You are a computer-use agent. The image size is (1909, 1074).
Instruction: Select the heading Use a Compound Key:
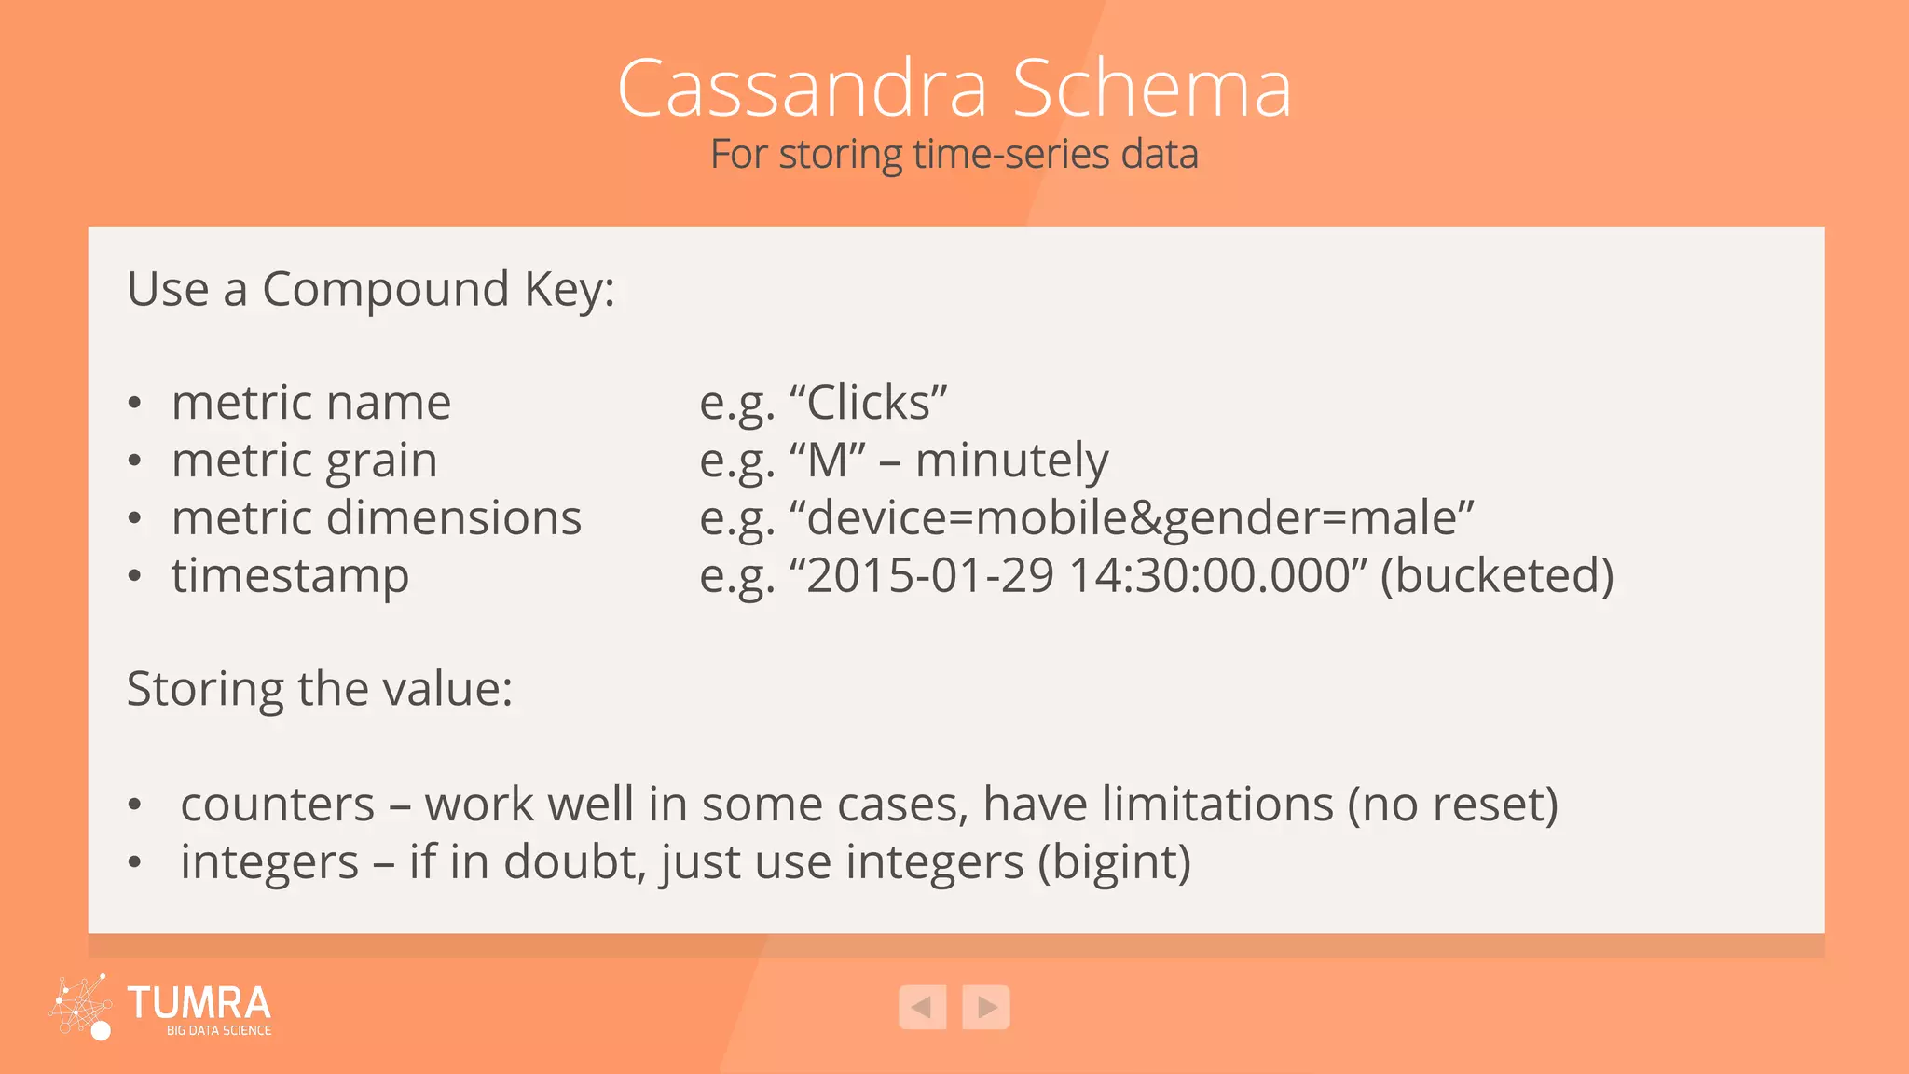coord(371,289)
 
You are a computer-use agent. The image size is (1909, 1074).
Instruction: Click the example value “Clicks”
coord(868,403)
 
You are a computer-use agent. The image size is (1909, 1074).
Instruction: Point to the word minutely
coord(1011,461)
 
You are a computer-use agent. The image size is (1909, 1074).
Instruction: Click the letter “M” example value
coord(827,461)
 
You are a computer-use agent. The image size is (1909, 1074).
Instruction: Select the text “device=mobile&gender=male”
coord(1131,518)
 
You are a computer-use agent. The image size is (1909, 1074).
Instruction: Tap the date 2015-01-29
coord(930,576)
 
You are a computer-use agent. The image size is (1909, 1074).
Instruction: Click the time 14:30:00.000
coord(1209,576)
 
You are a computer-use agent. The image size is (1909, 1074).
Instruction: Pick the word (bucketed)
coord(1496,576)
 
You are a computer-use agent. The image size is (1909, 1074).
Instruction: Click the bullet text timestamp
coord(290,576)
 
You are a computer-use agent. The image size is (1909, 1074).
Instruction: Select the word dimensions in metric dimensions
coord(454,518)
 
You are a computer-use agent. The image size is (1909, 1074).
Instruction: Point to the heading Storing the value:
coord(320,690)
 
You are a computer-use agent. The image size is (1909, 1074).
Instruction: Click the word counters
coord(277,805)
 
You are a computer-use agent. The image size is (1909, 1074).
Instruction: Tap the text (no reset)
coord(1452,805)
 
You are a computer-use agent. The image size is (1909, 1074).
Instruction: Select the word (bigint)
coord(1114,862)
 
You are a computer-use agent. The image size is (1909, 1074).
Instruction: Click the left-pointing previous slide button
coord(922,1007)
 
